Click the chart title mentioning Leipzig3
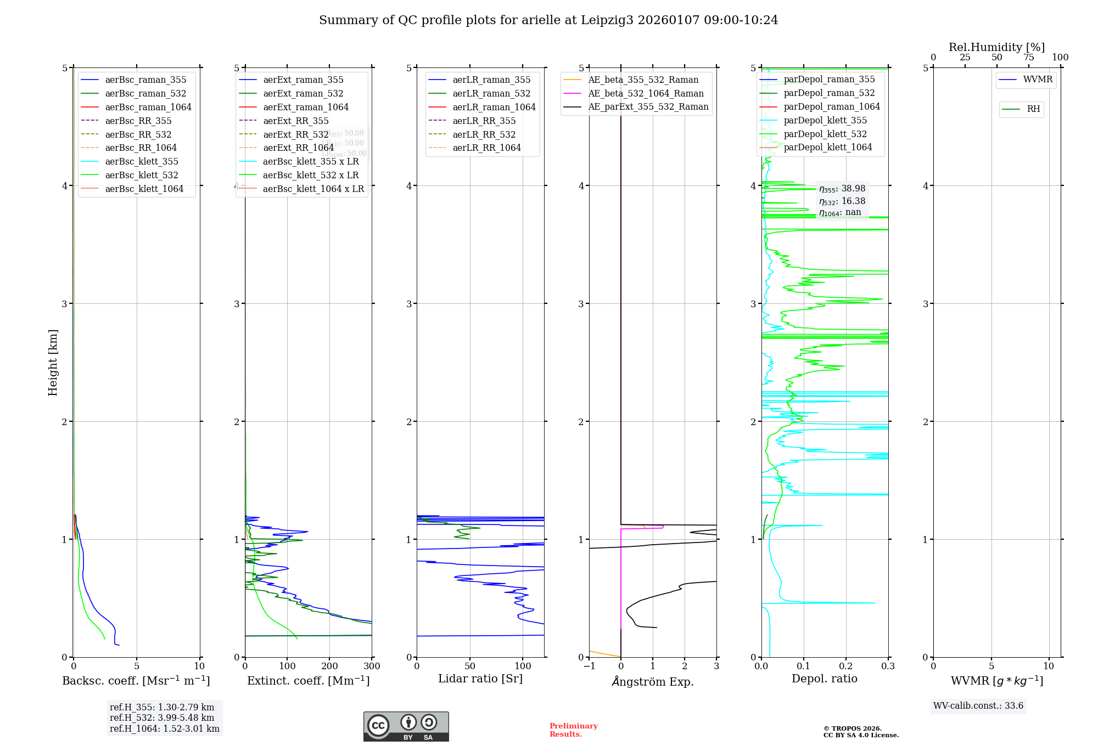coord(548,20)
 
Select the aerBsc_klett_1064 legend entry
coord(144,189)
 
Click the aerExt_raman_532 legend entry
coord(303,93)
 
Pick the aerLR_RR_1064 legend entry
coord(486,148)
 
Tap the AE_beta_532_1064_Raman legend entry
coord(646,93)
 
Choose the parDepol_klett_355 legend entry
coord(825,120)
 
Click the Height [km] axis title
coord(53,363)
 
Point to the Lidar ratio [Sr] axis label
coord(480,679)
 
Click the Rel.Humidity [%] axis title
coord(996,47)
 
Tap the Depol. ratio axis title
coord(824,679)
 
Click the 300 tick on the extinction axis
coord(372,666)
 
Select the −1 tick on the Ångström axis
coord(589,666)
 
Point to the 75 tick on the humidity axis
coord(1028,58)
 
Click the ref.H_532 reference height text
coord(162,718)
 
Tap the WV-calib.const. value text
coord(978,706)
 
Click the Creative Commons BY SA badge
coord(406,727)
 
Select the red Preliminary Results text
coord(573,730)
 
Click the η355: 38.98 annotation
coord(842,189)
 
